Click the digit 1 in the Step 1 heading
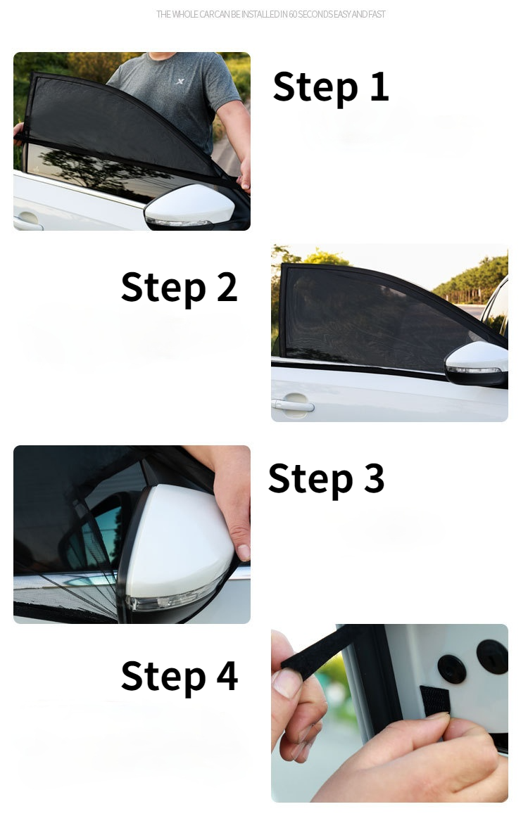pos(379,87)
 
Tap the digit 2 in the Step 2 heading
pos(227,287)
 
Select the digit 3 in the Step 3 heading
pos(374,478)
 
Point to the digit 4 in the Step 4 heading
pos(227,675)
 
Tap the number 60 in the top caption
pos(293,15)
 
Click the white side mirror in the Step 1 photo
pos(189,207)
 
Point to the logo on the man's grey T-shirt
pos(180,81)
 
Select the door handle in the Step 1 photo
pos(27,221)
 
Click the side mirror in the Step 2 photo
pos(477,364)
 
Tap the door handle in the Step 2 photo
pos(293,403)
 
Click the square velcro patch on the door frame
pos(434,701)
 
